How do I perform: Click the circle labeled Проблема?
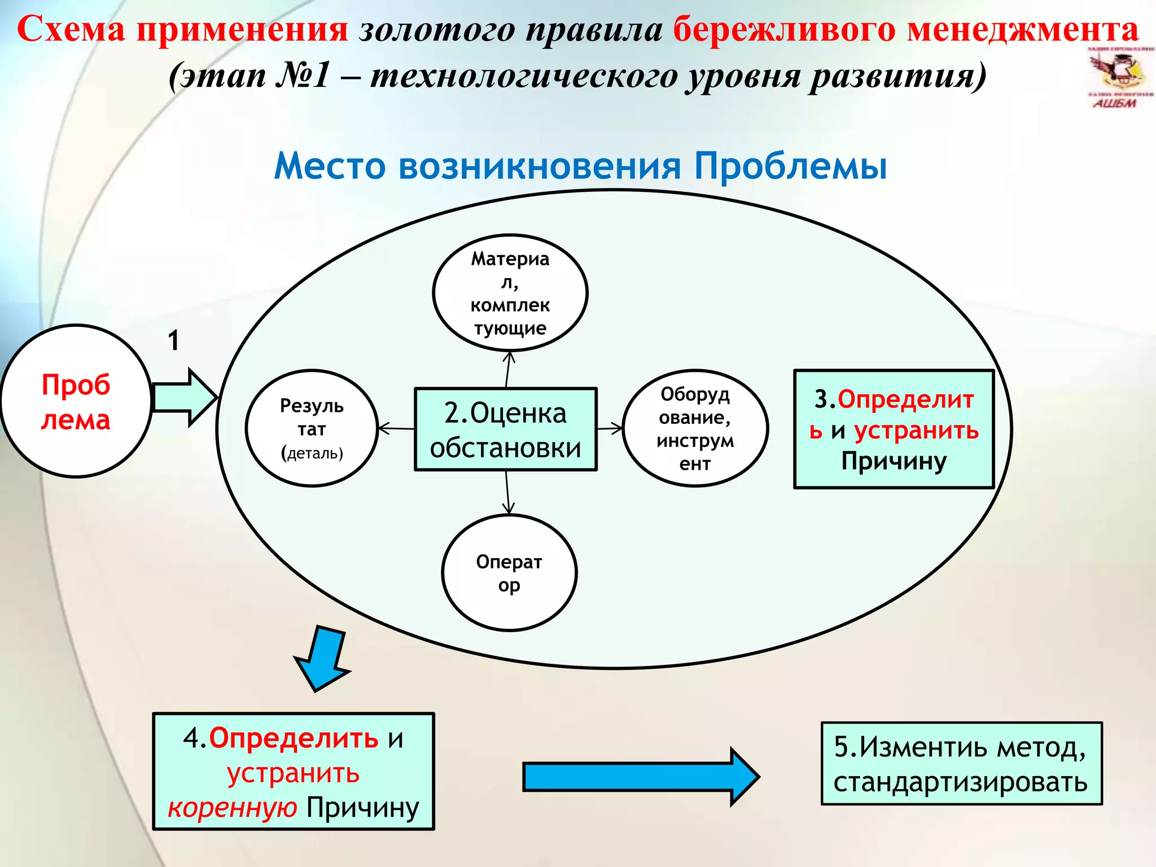click(76, 401)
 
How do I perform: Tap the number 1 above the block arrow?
click(173, 340)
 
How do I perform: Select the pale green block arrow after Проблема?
click(184, 397)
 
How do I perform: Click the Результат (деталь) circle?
click(312, 428)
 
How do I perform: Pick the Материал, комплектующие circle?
click(510, 293)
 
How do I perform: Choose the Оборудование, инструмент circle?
click(695, 428)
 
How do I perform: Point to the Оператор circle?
click(509, 573)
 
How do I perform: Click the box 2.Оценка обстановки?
click(506, 430)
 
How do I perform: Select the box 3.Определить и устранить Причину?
click(894, 430)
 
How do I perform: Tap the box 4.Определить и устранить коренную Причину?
click(294, 772)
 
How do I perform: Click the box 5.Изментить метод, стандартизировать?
click(961, 764)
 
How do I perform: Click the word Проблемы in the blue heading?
click(790, 166)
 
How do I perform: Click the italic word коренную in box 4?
click(232, 808)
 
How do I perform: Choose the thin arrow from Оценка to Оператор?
click(507, 492)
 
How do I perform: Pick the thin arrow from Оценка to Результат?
click(396, 429)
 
